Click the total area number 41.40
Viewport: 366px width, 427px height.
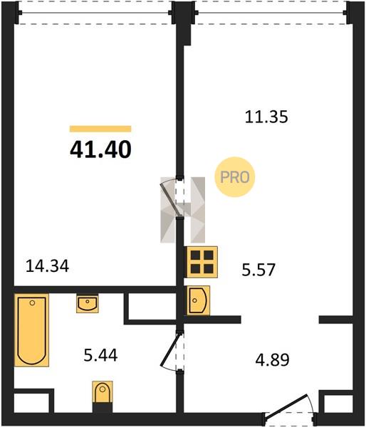coord(100,150)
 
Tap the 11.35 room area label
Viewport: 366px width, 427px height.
coord(266,117)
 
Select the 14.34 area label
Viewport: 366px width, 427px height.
coord(47,266)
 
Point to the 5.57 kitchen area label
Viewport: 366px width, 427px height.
coord(258,270)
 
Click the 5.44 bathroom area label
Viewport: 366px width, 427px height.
coord(100,355)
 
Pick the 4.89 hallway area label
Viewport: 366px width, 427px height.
coord(272,359)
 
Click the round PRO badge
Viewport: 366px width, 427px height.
coord(235,177)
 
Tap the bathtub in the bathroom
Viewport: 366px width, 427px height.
coord(31,330)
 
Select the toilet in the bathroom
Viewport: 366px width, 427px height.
coord(103,392)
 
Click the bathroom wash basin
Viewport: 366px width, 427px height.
coord(88,304)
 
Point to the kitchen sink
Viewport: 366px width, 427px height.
coord(198,300)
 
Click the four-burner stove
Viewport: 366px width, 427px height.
coord(202,262)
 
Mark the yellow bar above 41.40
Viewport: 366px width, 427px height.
coord(100,129)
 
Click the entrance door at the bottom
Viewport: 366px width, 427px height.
coord(288,406)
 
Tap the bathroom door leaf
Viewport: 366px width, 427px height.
coord(170,349)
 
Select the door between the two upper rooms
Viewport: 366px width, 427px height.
coord(171,198)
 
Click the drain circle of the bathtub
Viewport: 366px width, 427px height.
coord(33,303)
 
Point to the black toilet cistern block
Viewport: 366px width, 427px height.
coord(103,408)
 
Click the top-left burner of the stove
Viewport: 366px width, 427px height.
coord(195,255)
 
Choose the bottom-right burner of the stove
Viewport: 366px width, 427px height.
coord(209,269)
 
